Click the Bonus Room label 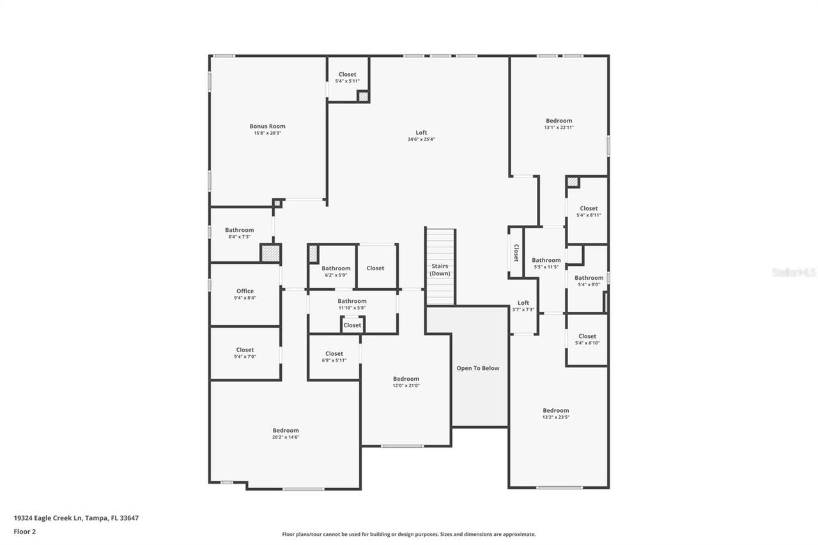pos(267,127)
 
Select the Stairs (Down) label pos(440,270)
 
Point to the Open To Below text pos(477,368)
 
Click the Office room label pos(245,291)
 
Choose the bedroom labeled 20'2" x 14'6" pos(286,434)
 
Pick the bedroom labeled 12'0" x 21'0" pos(406,382)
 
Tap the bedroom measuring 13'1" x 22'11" pos(559,124)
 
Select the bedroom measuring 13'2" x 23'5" pos(555,413)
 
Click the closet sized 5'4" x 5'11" pos(348,77)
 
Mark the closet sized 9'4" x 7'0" pos(245,353)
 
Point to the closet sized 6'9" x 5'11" pos(334,357)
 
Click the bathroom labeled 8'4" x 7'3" pos(239,233)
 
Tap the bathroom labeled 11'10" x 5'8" pos(352,304)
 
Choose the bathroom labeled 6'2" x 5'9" pos(336,272)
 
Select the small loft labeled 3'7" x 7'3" pos(523,306)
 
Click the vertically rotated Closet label pos(516,253)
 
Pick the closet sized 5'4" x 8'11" pos(589,211)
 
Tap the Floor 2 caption pos(24,531)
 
